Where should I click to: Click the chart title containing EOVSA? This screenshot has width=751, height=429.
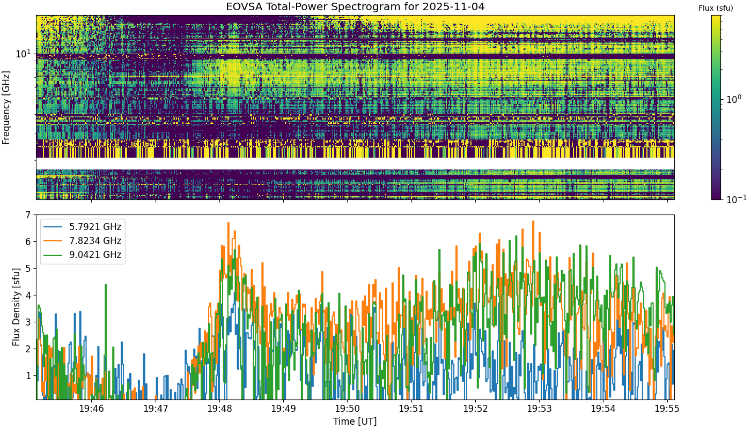coord(355,6)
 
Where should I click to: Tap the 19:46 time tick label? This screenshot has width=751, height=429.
coord(92,409)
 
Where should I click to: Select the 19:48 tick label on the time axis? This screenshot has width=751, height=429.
coord(219,409)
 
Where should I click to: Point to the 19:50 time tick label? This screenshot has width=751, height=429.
coord(348,409)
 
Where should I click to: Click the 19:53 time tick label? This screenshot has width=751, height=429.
coord(539,409)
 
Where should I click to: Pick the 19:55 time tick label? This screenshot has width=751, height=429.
coord(667,409)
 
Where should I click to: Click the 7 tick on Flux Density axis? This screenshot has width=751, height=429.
coord(28,215)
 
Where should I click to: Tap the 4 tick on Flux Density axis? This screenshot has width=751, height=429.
coord(28,295)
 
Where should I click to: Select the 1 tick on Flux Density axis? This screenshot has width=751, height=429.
coord(28,376)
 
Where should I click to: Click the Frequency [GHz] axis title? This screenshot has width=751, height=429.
coord(6,108)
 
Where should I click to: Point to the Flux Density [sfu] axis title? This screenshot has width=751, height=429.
coord(16,307)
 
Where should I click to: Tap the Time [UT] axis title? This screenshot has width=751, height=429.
coord(355,421)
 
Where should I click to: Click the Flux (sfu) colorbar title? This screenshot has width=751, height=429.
coord(716,8)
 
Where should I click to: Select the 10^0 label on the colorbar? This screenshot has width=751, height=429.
coord(734,99)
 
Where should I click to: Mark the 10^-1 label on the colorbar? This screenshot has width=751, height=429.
coord(736,199)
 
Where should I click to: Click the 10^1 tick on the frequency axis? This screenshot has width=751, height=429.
coord(24,54)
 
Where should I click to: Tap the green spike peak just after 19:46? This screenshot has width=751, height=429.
coord(106,285)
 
